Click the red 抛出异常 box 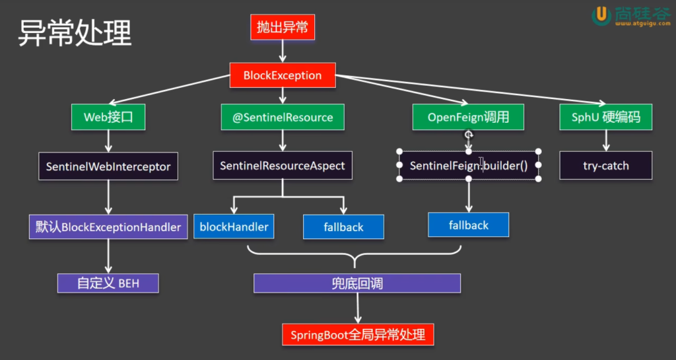[x=283, y=28]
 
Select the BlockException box [x=283, y=75]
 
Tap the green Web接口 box [x=108, y=118]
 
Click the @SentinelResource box [x=283, y=118]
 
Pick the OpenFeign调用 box [x=468, y=118]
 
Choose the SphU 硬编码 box [x=605, y=118]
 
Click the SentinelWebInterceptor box [x=108, y=166]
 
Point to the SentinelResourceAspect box [x=283, y=166]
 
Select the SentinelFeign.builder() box [x=469, y=166]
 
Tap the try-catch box [x=605, y=166]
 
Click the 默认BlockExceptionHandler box [x=108, y=227]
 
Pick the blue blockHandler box [x=234, y=227]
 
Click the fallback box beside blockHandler [x=343, y=227]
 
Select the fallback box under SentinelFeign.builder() [x=469, y=225]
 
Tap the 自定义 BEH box [x=108, y=283]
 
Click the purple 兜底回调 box [x=357, y=283]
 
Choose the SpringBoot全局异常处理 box [x=358, y=334]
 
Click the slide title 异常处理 [x=75, y=33]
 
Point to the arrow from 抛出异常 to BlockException [x=283, y=51]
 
